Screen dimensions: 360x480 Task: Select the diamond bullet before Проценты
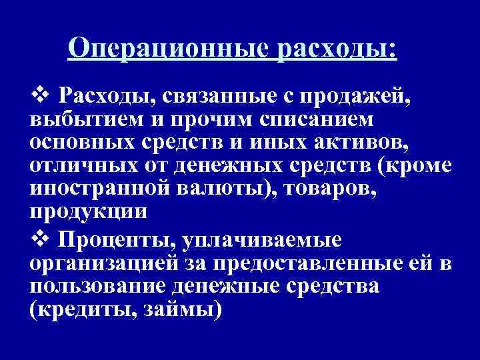39,237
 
